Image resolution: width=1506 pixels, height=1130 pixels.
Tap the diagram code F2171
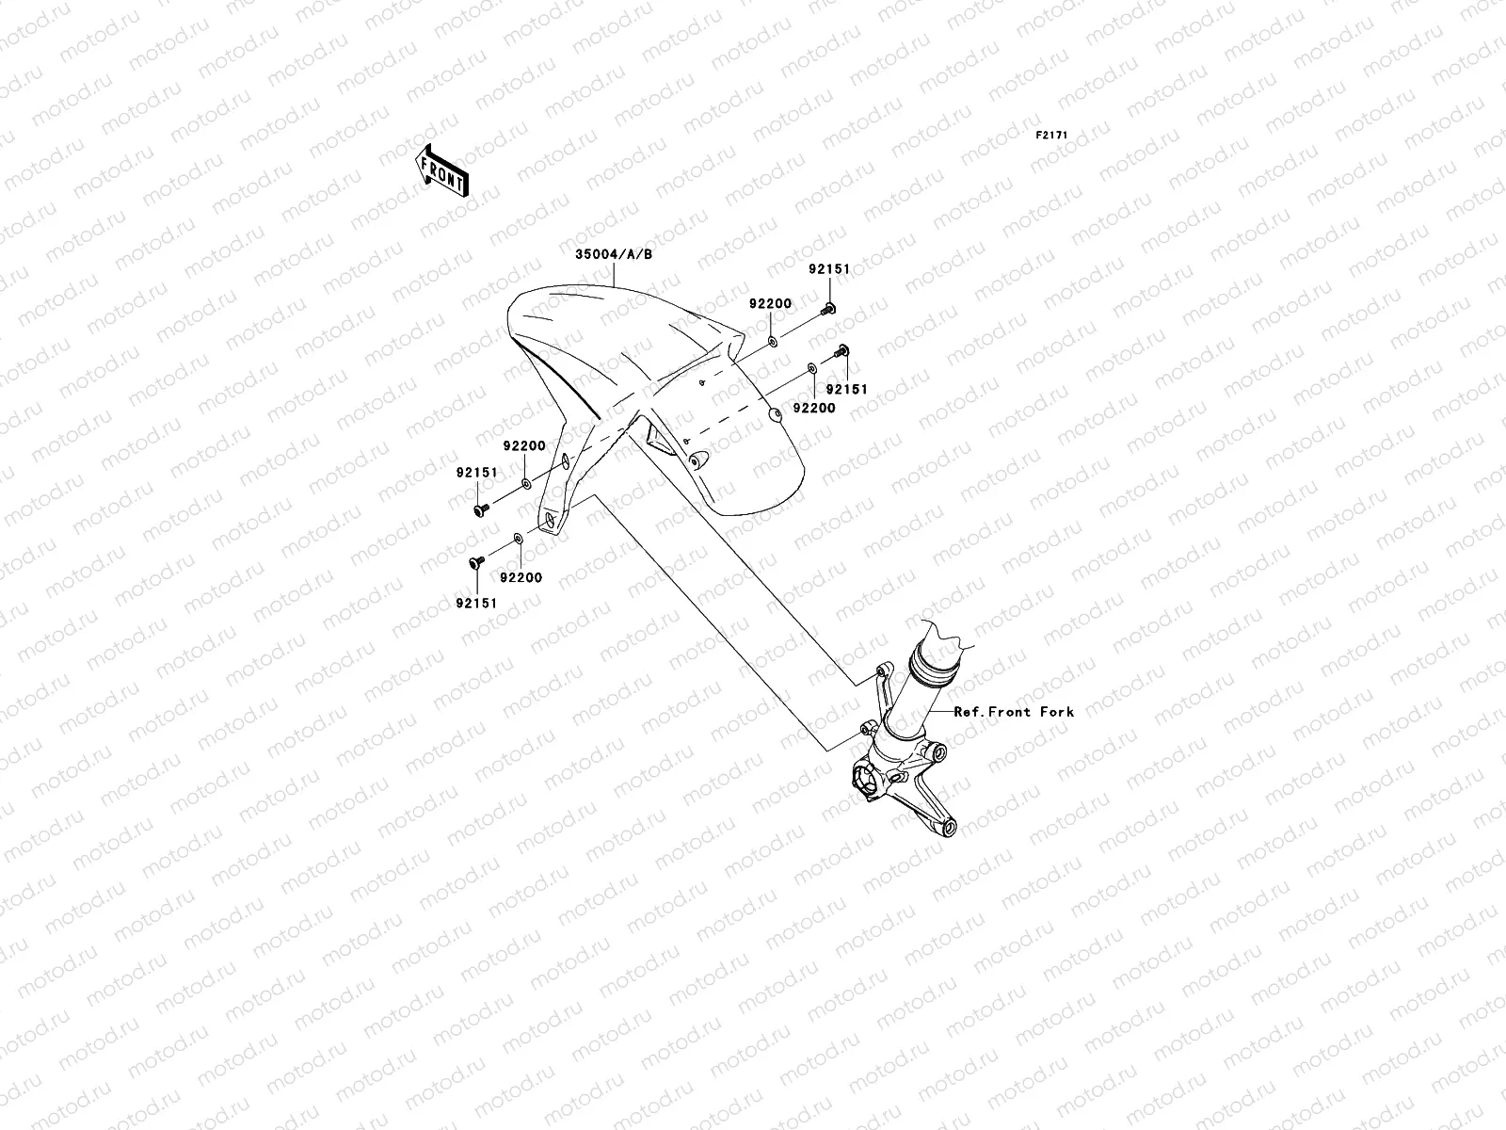coord(1052,136)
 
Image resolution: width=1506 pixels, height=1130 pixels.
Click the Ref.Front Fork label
coord(1013,712)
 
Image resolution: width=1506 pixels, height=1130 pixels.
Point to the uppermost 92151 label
coord(828,269)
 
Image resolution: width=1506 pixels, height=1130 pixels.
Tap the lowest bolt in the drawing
coord(475,562)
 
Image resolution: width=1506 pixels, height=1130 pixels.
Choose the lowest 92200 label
coord(521,577)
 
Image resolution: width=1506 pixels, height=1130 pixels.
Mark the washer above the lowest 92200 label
coord(518,540)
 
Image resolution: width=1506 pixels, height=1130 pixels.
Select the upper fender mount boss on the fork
coord(882,669)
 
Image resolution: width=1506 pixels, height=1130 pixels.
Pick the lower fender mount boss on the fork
coord(866,728)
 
